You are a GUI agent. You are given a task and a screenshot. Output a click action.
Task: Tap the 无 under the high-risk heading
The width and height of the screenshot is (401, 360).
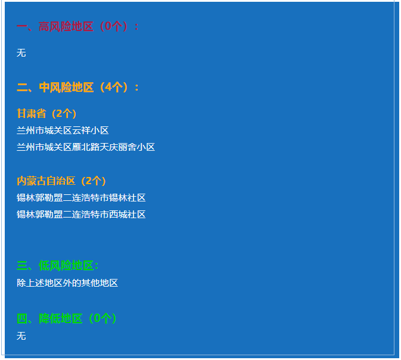tap(21, 53)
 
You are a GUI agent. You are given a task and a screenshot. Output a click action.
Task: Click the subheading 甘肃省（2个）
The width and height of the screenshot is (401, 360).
tap(46, 114)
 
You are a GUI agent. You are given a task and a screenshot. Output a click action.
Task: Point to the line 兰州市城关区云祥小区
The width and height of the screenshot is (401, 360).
tap(63, 131)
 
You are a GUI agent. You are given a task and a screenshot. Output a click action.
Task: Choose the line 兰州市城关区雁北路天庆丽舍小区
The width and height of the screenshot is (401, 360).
tap(86, 147)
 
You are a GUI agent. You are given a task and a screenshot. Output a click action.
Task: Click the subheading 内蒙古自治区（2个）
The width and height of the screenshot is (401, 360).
tap(61, 181)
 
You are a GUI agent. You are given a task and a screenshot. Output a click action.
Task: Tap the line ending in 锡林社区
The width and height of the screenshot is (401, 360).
tap(81, 198)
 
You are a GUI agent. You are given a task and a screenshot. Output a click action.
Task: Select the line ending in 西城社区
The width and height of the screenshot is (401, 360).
tap(81, 215)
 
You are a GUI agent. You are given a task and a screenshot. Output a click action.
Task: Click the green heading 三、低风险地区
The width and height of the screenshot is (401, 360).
tap(58, 266)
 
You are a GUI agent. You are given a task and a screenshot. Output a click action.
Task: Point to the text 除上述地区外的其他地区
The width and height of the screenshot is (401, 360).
tap(67, 283)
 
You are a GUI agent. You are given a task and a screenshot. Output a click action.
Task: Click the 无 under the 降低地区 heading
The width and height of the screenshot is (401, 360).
tap(21, 336)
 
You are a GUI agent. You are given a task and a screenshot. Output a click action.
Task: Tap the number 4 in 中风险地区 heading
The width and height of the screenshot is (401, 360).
tap(108, 87)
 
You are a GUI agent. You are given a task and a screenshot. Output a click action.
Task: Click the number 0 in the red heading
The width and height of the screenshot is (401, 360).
tap(108, 26)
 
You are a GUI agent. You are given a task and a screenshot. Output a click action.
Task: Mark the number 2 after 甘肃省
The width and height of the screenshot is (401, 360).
tap(59, 114)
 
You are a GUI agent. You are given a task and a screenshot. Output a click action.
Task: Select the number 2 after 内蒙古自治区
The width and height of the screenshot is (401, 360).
tap(89, 181)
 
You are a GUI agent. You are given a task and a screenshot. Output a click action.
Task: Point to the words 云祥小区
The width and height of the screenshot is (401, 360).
tap(91, 131)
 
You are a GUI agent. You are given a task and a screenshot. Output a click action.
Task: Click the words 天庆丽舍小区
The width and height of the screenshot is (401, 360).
tap(128, 147)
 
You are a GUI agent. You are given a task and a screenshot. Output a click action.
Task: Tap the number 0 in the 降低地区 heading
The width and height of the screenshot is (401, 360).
tap(97, 318)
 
